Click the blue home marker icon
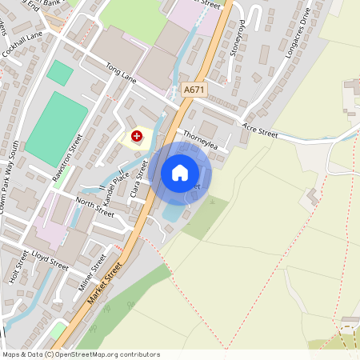click(180, 172)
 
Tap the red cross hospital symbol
click(137, 137)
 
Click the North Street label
click(95, 206)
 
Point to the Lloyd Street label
click(50, 258)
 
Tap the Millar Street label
click(94, 273)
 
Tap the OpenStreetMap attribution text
click(81, 354)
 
